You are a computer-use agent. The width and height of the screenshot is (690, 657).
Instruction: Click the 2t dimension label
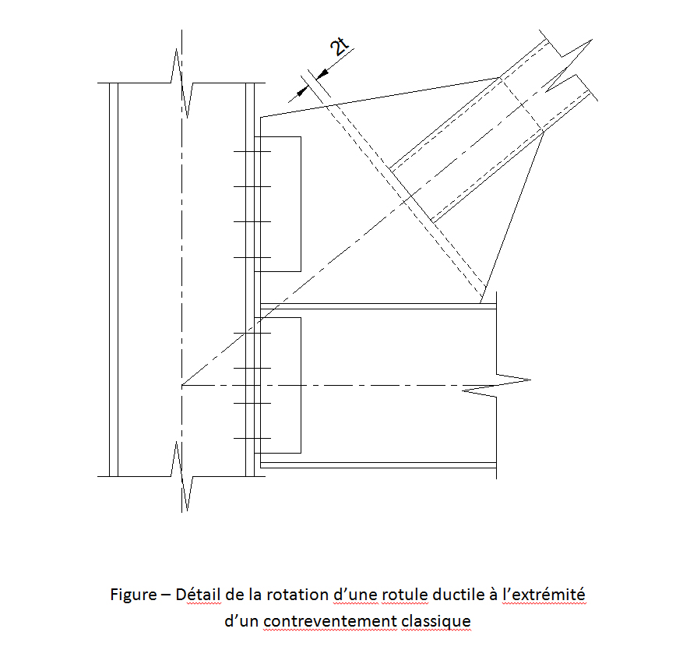340,47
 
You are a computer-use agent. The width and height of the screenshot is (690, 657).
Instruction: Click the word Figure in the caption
133,595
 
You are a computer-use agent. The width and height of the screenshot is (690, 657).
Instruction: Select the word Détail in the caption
198,595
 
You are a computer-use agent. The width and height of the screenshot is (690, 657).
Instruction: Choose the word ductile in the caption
459,595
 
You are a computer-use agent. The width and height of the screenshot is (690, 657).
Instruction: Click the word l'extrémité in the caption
544,595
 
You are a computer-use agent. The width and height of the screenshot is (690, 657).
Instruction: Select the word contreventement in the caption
330,621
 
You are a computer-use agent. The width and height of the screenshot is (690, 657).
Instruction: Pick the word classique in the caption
435,622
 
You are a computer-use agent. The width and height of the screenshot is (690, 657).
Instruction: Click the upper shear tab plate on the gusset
278,204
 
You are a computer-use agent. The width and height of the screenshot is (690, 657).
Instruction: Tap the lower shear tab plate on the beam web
278,385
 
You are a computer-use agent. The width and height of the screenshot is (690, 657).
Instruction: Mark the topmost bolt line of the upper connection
252,151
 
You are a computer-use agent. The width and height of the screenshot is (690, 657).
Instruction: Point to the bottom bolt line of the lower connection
252,438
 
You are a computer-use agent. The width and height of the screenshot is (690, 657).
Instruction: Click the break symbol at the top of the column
181,83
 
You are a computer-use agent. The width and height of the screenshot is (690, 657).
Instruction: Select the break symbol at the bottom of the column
181,476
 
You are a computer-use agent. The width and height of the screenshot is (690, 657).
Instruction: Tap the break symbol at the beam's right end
496,385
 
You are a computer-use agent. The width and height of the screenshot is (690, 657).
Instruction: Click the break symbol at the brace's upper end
568,66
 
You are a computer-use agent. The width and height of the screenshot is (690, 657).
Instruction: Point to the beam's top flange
378,306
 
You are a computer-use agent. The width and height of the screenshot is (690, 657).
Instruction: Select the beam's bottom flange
378,465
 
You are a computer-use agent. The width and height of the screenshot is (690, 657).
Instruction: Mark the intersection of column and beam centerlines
181,385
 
